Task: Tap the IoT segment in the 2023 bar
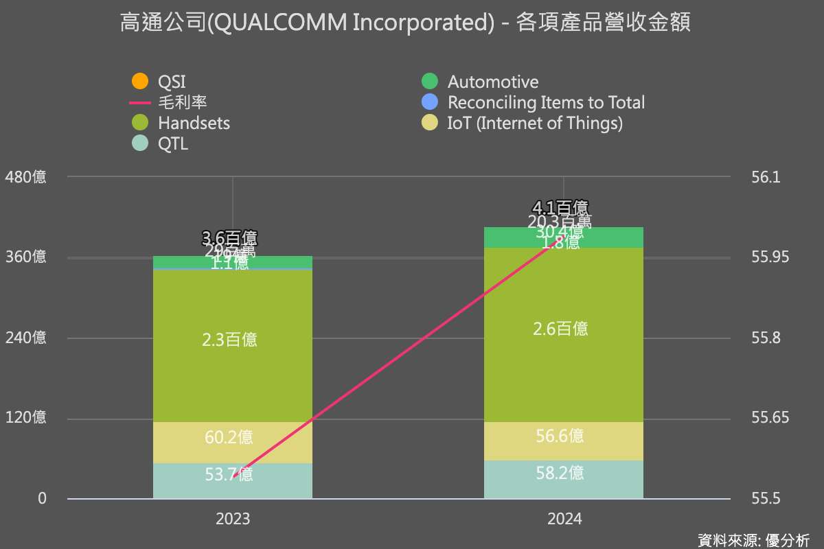(232, 443)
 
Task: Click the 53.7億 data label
(229, 474)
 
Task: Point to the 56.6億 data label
(560, 436)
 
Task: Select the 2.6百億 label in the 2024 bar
(560, 329)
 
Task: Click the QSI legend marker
(139, 81)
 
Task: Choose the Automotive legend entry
(492, 82)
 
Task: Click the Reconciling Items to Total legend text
(546, 102)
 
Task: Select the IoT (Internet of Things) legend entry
(535, 123)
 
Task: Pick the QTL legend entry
(172, 143)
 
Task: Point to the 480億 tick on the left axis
(25, 177)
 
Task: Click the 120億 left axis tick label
(25, 418)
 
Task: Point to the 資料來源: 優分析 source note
(753, 539)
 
